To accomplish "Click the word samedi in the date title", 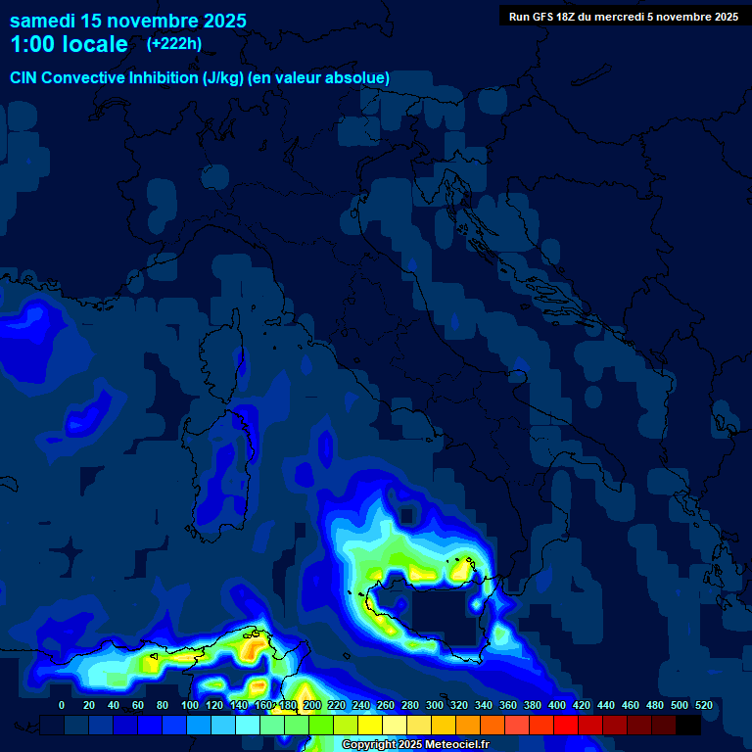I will pos(44,21).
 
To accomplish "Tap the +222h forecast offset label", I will pos(173,43).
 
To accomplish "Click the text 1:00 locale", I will pos(69,44).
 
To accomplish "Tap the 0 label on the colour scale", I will pos(62,705).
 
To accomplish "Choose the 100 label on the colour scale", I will pos(190,705).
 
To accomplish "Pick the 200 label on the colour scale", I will pos(312,705).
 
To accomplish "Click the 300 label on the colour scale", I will pos(435,705).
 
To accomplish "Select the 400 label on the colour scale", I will pos(557,705).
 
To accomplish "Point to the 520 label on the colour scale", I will pos(703,705).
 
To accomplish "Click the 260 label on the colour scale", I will pos(386,705).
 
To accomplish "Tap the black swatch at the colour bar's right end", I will pos(688,725).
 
